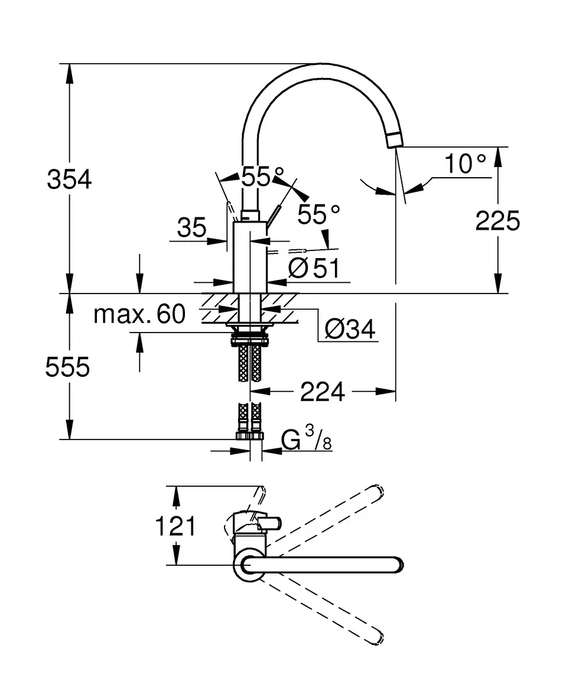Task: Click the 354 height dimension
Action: point(69,180)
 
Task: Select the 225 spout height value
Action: point(497,221)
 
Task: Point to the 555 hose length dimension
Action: point(67,367)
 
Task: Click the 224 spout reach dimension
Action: point(322,392)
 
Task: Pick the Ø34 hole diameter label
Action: point(350,329)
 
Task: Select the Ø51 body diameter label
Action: point(314,269)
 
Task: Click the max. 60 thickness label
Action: point(139,314)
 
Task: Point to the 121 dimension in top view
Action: point(175,526)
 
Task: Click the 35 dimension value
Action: point(192,227)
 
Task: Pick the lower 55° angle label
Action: point(319,214)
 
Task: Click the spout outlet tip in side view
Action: point(393,140)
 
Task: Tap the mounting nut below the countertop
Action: point(250,339)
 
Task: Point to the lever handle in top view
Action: point(269,523)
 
